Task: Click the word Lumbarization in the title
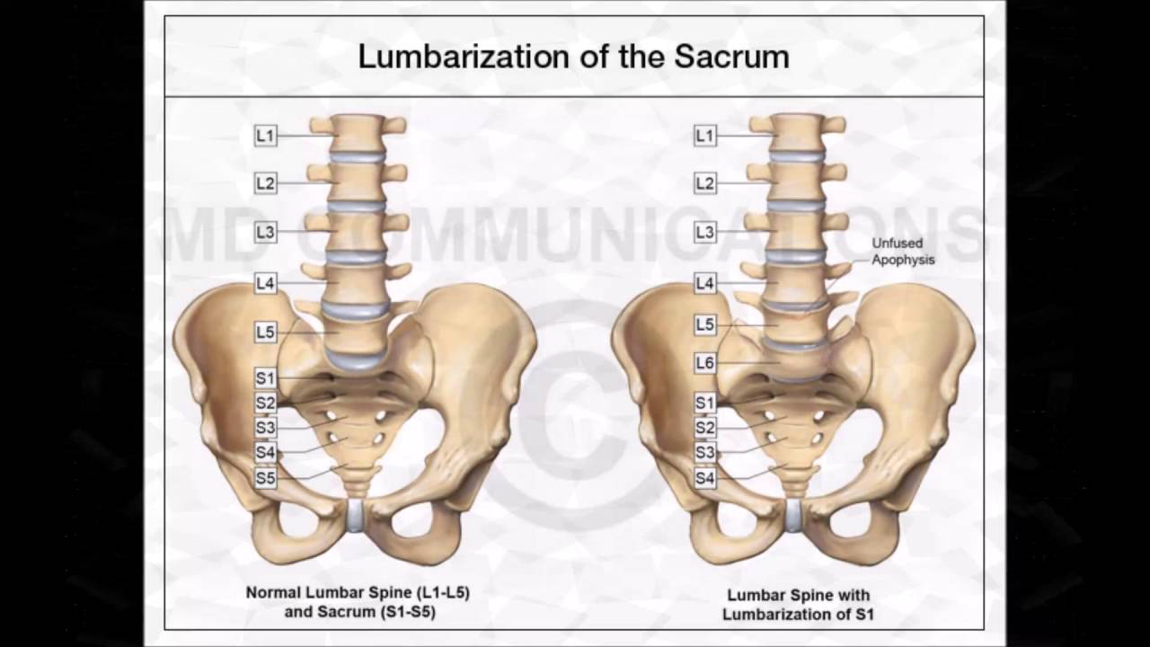click(458, 57)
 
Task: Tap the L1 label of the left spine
click(265, 136)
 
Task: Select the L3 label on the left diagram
click(265, 232)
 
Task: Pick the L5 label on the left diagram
click(265, 332)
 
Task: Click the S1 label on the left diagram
click(265, 379)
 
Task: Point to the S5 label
click(265, 478)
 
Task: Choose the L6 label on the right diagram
click(705, 363)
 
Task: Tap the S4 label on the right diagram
click(705, 479)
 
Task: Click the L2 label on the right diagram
click(705, 184)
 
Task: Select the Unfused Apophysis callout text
click(903, 252)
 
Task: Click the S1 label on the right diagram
click(705, 403)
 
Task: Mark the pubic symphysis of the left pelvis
click(357, 515)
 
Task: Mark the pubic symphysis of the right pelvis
click(794, 515)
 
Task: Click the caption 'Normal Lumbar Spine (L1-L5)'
click(358, 593)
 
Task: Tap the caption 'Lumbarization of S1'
click(798, 615)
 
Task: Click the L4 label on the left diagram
click(265, 283)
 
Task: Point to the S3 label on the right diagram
click(705, 453)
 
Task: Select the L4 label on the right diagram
click(705, 283)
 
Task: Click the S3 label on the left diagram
click(265, 428)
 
